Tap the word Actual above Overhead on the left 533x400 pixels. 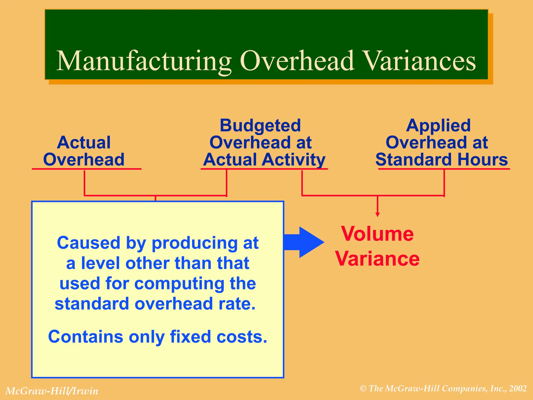(x=84, y=142)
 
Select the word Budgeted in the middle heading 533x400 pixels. (x=260, y=126)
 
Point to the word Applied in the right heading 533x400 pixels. (x=438, y=126)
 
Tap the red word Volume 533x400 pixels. (x=377, y=234)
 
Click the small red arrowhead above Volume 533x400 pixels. (x=378, y=215)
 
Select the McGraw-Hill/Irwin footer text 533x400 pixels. (x=52, y=391)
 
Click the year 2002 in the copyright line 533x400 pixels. (x=518, y=389)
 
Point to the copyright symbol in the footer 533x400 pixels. (x=363, y=389)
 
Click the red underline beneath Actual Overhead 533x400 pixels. (x=86, y=169)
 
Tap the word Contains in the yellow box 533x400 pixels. (x=86, y=336)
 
